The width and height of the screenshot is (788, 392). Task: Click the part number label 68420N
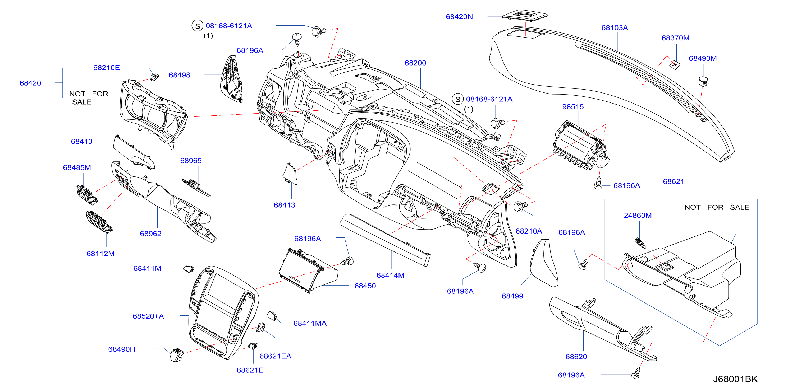tap(459, 17)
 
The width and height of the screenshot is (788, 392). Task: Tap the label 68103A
tap(615, 28)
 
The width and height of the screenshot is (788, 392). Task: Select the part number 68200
tap(415, 63)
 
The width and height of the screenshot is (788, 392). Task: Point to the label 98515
tap(573, 107)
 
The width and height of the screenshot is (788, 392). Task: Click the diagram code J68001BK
tap(735, 379)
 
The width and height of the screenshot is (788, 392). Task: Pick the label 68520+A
tap(148, 316)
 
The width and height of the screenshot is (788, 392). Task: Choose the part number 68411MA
tap(310, 323)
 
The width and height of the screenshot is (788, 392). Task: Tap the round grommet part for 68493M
tap(703, 81)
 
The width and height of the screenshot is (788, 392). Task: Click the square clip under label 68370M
tap(675, 64)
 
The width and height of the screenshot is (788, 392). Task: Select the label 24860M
tap(638, 215)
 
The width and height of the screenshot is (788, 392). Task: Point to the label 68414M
tap(390, 275)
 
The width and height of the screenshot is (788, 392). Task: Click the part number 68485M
tap(77, 167)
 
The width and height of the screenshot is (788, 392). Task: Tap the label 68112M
tap(100, 254)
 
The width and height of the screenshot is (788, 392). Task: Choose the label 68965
tap(191, 161)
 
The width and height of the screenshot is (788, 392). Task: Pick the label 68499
tap(512, 296)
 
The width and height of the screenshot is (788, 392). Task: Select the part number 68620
tap(576, 357)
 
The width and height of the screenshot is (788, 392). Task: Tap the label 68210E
tap(107, 68)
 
